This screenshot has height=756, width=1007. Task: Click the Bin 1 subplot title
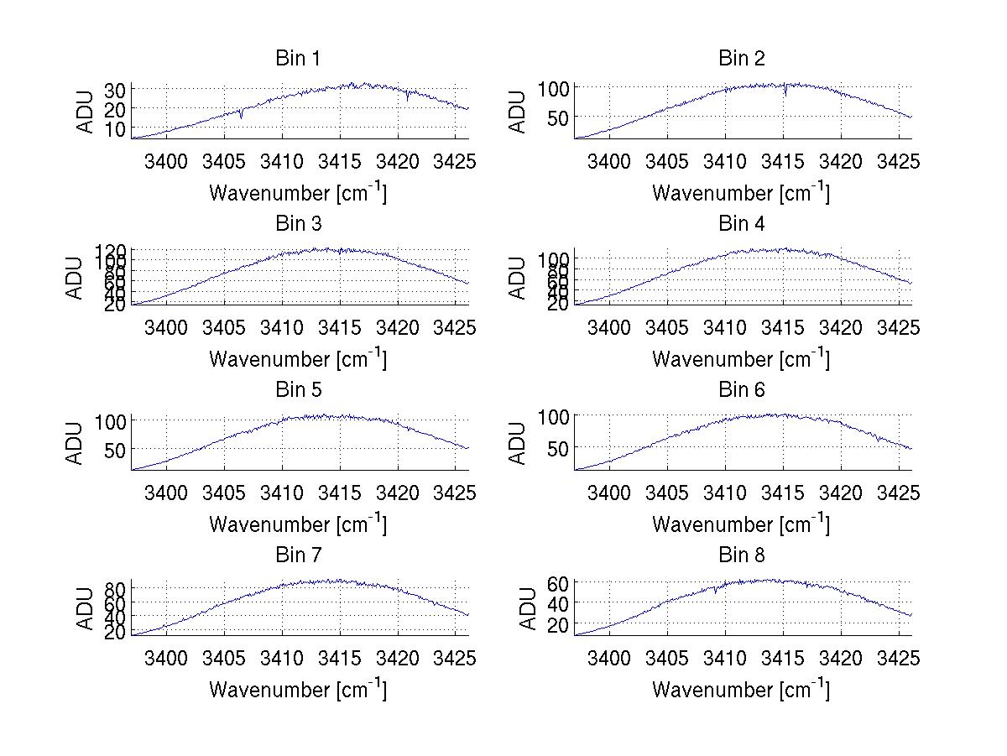point(298,59)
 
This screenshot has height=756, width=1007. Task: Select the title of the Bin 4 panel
point(742,224)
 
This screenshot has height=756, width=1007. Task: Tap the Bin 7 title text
point(298,555)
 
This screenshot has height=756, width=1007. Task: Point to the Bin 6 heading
point(742,390)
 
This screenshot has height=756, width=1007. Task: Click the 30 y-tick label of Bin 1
point(116,90)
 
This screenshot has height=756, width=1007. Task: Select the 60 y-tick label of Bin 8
point(560,583)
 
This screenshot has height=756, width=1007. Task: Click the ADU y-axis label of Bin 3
point(75,277)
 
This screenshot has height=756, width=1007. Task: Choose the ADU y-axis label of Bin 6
point(518,443)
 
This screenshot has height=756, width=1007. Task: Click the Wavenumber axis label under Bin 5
point(298,524)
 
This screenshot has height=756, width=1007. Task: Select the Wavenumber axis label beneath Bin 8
point(742,690)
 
